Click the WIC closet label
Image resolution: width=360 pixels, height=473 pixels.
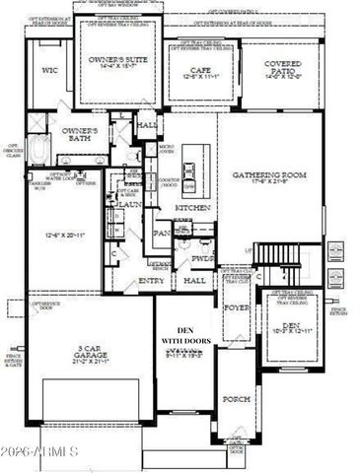tap(50, 70)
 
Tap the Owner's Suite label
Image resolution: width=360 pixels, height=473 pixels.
tap(117, 60)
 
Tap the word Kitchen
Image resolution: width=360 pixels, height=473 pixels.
tap(189, 208)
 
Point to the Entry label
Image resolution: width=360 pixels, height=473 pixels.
tap(152, 282)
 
